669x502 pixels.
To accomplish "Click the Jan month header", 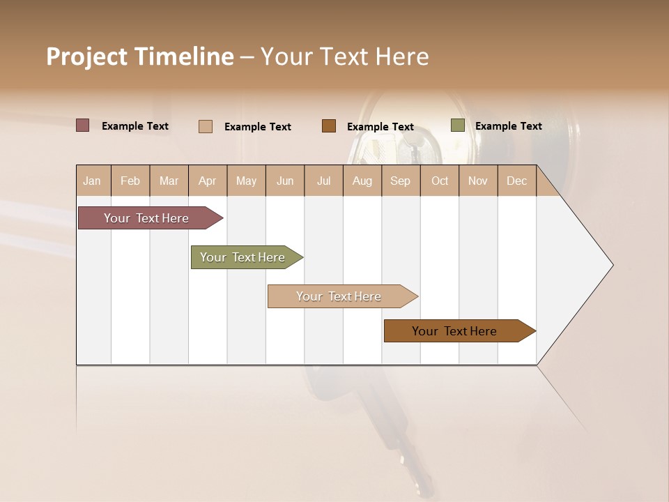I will point(92,181).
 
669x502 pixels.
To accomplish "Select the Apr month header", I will point(207,181).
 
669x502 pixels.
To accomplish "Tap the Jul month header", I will point(323,181).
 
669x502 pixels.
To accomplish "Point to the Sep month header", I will point(400,181).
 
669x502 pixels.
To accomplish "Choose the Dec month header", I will point(516,181).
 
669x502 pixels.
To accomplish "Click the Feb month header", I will point(130,181).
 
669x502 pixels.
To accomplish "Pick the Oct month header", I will point(440,181).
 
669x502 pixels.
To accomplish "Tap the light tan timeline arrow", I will point(340,296).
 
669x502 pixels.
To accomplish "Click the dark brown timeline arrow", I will point(456,331).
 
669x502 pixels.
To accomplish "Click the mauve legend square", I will point(83,125).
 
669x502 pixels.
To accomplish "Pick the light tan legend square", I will point(206,126).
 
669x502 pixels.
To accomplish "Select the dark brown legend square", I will point(329,126).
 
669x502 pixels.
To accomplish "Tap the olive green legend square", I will point(457,125).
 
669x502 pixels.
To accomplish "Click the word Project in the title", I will point(86,56).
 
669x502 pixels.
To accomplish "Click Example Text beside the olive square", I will point(508,126).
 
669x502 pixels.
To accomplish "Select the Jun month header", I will point(285,181).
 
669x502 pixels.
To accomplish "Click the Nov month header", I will point(478,181).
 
